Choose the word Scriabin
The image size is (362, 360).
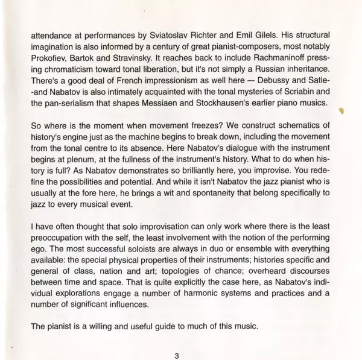(296, 103)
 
